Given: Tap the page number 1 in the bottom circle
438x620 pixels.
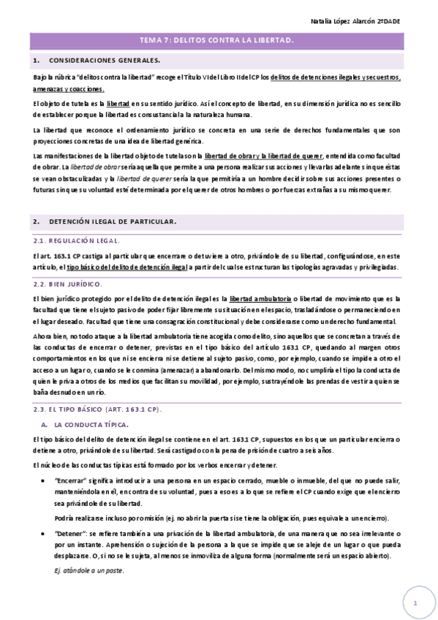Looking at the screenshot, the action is (x=414, y=603).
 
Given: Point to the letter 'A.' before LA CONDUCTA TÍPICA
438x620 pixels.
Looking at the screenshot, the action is (x=45, y=424).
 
